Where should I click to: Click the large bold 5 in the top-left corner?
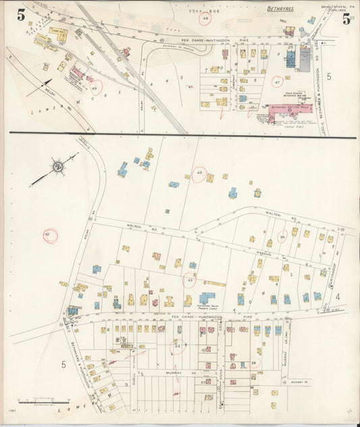(x=12, y=14)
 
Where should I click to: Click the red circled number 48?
(x=205, y=19)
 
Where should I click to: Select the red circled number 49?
(x=95, y=89)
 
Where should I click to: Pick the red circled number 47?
(x=276, y=82)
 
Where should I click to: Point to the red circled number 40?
(x=199, y=174)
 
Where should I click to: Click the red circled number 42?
(x=49, y=235)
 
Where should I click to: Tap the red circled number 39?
(x=282, y=236)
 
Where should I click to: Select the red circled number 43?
(x=190, y=279)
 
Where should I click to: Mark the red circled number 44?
(x=178, y=346)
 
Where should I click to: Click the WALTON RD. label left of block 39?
(x=133, y=227)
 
